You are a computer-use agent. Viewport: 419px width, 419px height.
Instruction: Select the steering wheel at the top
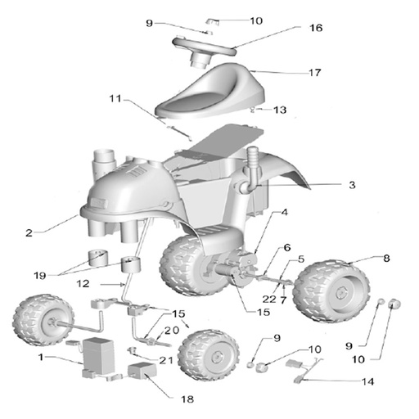point(204,45)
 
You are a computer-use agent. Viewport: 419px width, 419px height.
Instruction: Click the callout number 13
point(280,109)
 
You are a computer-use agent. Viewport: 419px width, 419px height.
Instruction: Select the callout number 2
point(29,232)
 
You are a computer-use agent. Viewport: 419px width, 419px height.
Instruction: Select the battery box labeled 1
point(97,358)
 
